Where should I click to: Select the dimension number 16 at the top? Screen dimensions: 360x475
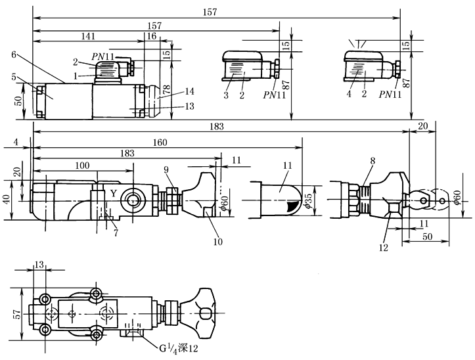pos(152,37)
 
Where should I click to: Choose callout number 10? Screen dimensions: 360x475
pos(218,241)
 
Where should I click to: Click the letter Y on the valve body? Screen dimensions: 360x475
pos(113,193)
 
